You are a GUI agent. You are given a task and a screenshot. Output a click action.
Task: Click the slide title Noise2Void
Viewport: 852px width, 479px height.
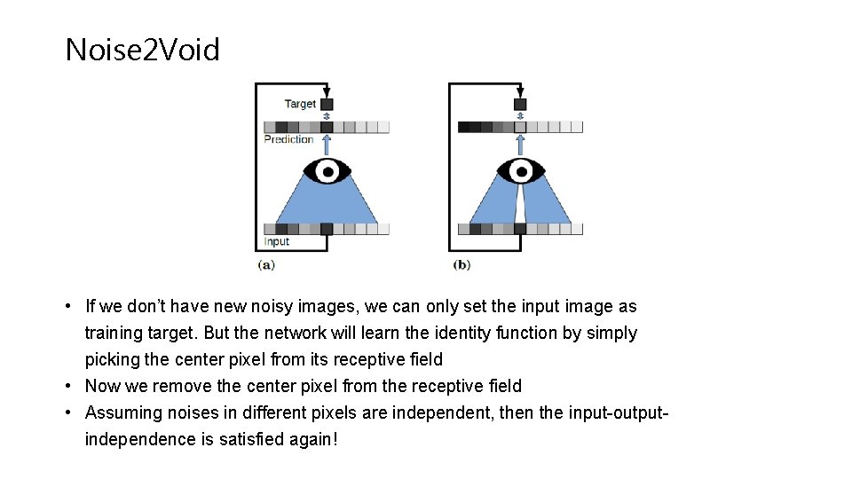(x=142, y=50)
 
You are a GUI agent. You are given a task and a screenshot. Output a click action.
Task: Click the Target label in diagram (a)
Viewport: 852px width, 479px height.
(x=300, y=104)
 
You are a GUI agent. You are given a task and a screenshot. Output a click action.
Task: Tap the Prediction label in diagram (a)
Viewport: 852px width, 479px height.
(x=288, y=139)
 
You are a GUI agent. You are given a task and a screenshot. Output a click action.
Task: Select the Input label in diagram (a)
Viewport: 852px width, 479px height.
(x=277, y=241)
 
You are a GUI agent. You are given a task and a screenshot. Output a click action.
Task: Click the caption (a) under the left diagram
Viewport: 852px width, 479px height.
(x=266, y=264)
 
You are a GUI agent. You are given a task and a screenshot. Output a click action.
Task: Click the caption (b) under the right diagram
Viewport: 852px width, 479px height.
(x=461, y=264)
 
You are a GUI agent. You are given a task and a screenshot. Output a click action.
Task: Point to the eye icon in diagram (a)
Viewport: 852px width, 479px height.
(x=327, y=170)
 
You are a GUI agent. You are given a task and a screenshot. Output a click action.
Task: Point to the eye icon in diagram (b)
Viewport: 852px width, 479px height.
(x=520, y=170)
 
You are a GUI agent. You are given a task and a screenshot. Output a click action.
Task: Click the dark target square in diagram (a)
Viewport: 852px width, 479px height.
(x=327, y=104)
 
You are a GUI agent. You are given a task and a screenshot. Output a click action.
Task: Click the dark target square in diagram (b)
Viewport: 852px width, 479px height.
(x=520, y=104)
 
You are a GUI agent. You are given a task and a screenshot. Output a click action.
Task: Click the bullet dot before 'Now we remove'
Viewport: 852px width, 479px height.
(x=68, y=386)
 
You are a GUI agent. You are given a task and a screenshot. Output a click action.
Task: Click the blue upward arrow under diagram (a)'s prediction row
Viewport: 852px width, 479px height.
(x=327, y=145)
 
